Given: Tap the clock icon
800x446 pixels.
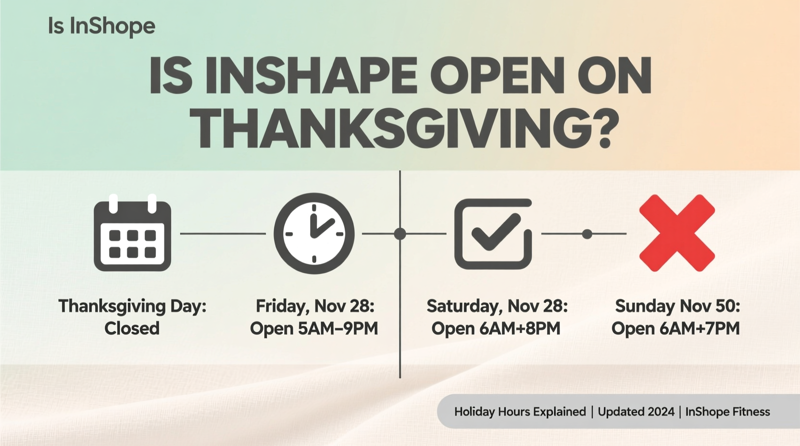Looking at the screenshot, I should coord(314,234).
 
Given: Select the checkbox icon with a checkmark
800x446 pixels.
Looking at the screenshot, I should coord(493,234).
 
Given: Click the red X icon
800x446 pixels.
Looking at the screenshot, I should coord(677,233).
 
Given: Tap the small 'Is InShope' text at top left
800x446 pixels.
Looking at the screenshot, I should coord(101,26).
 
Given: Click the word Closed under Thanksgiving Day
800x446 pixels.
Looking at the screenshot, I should coord(132,328).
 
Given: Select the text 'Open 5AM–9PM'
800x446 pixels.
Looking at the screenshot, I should coord(314,328).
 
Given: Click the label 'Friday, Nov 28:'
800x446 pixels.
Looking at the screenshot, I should coord(315,306).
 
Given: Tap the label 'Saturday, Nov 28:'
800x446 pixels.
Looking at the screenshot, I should coord(497,306).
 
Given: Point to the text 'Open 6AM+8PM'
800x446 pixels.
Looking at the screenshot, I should coord(496,328).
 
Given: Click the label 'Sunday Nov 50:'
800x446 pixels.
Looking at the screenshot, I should coord(677,306).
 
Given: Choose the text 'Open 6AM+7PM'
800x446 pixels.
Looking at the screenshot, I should coord(675,328).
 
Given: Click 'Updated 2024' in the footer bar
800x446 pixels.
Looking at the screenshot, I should coord(636,412).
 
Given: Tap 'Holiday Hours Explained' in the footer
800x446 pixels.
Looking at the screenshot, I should coord(520,412).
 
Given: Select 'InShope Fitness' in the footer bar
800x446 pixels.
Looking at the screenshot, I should coord(727,412).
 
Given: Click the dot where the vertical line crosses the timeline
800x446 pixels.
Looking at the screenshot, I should coord(400,234).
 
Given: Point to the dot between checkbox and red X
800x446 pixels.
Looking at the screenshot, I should coord(587,234).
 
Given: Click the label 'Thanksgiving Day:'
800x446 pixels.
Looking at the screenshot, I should coord(132,306).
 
